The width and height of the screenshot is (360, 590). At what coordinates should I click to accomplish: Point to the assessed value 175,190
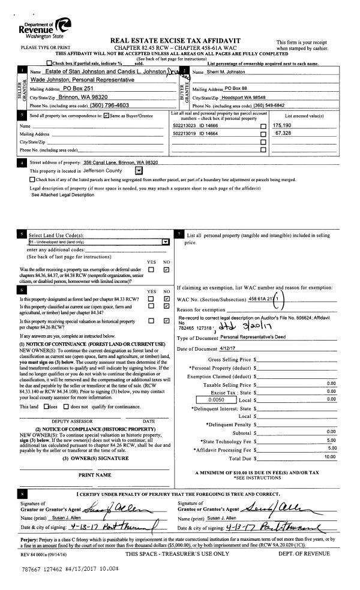point(283,125)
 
